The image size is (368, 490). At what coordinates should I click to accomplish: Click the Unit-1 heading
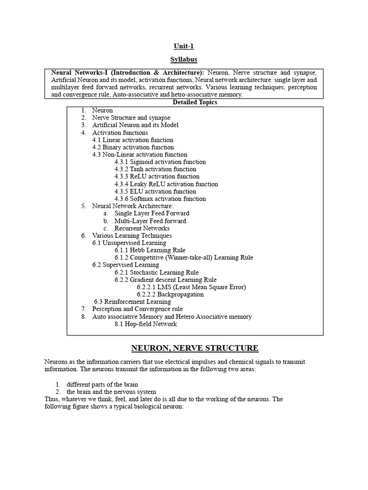coord(184,46)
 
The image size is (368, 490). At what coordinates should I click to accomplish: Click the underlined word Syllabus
coord(184,60)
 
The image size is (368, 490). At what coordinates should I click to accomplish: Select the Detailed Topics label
coord(195,102)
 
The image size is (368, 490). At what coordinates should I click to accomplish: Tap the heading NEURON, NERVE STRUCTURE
coord(195,348)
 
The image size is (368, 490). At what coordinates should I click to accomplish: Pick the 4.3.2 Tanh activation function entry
coord(155,169)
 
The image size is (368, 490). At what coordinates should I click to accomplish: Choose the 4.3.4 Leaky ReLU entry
coord(166,184)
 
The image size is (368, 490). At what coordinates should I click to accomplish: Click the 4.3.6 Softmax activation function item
coord(160,199)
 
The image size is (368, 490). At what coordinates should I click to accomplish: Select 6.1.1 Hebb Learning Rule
coord(150,250)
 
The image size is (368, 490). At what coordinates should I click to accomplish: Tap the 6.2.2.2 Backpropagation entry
coord(170,294)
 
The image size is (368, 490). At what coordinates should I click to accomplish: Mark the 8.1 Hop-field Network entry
coord(146,324)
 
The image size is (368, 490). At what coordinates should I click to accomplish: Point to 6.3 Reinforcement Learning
coord(132,301)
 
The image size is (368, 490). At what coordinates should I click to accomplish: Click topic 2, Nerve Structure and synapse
coord(131,117)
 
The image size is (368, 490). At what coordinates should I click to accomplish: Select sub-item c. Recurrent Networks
coord(142,228)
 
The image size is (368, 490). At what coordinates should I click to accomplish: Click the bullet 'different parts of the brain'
coord(105,384)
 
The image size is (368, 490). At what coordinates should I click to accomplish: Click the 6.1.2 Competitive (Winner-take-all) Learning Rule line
coord(184,257)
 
